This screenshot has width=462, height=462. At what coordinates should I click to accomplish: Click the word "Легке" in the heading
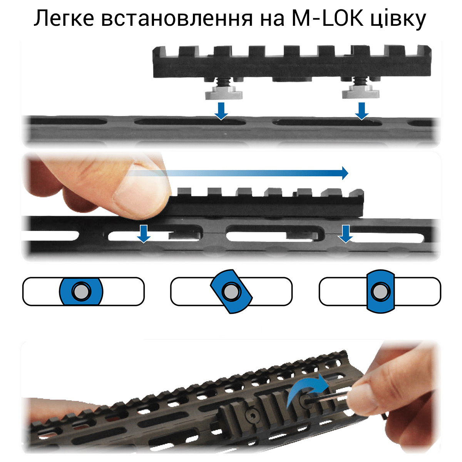[64, 19]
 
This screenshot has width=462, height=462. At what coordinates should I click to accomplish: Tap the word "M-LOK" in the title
[327, 18]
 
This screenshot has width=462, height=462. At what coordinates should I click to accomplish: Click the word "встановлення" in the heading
[177, 19]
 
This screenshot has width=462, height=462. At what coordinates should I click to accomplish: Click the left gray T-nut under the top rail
[224, 92]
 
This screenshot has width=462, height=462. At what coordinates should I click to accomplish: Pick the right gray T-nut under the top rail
[361, 92]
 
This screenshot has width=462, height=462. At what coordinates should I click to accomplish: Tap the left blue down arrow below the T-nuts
[221, 111]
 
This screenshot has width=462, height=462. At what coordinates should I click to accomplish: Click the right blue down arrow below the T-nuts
[362, 111]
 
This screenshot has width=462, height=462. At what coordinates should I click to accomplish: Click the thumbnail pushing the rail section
[141, 200]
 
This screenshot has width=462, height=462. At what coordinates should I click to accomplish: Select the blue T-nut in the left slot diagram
[81, 291]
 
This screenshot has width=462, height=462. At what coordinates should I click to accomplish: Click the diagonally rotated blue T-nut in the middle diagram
[231, 291]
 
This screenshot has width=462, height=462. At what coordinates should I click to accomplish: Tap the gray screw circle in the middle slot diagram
[231, 291]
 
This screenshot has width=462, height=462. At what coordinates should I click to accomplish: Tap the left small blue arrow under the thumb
[144, 234]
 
